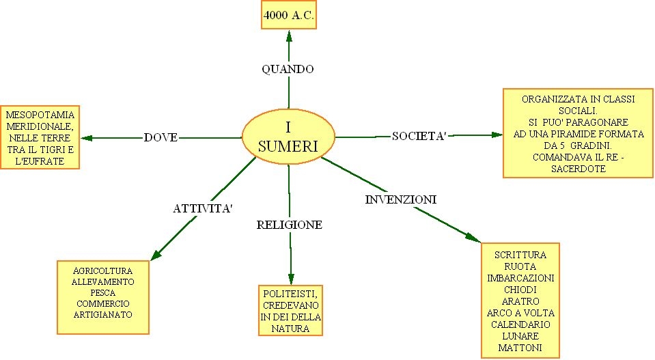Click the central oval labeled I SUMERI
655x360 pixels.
(289, 137)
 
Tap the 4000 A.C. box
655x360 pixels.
(289, 16)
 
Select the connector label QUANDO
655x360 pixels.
(288, 69)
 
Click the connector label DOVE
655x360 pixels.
(161, 137)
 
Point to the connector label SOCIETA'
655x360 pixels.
(419, 137)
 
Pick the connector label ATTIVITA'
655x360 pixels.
(199, 208)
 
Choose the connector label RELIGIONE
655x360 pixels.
(290, 225)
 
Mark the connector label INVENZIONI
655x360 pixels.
(401, 199)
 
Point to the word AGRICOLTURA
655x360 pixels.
(102, 270)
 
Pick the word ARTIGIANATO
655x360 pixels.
(102, 314)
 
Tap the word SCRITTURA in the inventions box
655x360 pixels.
(520, 255)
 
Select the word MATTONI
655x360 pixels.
(520, 348)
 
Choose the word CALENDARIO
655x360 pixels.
(520, 324)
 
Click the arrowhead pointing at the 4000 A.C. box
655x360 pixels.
(289, 34)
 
